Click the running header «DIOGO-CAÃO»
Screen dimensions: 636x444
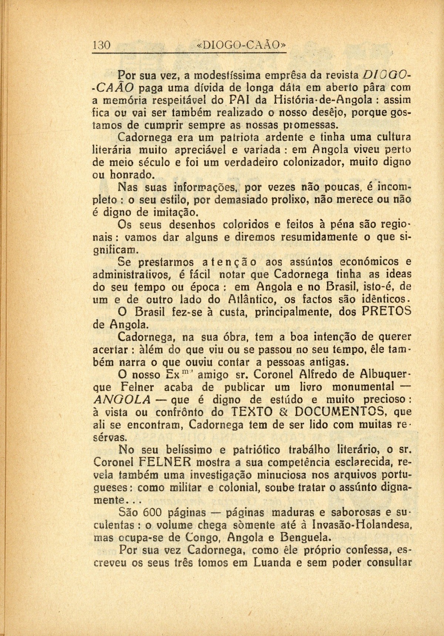[242, 46]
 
